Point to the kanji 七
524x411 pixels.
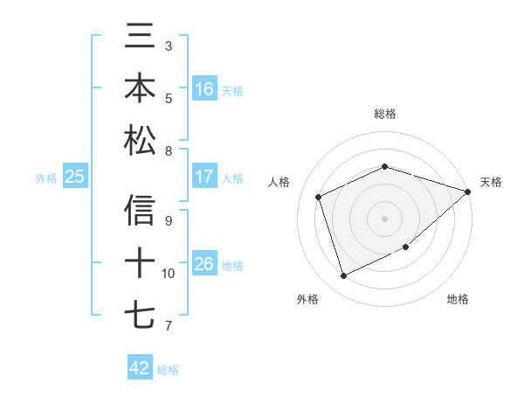coord(140,314)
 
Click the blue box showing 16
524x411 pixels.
coord(204,89)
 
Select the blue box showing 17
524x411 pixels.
coord(204,177)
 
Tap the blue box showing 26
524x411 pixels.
coord(204,264)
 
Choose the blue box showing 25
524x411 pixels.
coord(74,177)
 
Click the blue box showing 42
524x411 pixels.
coord(140,368)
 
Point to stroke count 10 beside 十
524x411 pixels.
coord(169,274)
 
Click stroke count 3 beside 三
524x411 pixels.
coord(169,45)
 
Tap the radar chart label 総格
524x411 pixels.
coord(385,114)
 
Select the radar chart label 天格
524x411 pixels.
coord(491,182)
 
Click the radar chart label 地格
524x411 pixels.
coord(458,299)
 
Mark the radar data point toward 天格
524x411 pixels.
coord(468,192)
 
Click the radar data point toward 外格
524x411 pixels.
coord(344,276)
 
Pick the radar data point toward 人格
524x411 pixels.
coord(319,197)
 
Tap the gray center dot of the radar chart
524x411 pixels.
coord(385,218)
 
